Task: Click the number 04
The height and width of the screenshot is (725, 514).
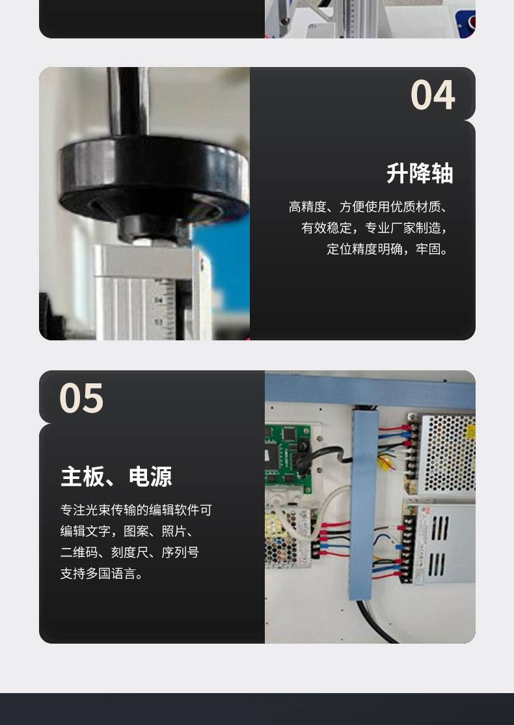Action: tap(433, 95)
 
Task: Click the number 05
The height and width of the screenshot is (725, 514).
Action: tap(81, 398)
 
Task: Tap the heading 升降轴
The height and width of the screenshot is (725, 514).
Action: tap(420, 173)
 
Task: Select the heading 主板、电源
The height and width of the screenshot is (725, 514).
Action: tap(116, 476)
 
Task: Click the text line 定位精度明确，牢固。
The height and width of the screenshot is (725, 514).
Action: tap(388, 249)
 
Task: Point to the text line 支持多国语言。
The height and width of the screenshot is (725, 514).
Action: tap(102, 573)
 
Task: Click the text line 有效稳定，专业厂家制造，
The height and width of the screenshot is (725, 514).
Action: tap(375, 228)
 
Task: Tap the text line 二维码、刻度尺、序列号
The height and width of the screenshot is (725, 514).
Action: tap(129, 552)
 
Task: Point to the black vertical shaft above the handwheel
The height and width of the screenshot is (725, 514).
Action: tap(128, 102)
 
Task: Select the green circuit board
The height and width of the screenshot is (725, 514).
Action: tap(288, 458)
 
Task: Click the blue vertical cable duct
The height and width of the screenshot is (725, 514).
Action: tap(364, 504)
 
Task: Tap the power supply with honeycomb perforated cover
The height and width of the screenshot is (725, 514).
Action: tap(444, 453)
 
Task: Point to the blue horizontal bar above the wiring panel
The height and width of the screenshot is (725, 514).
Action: tap(370, 390)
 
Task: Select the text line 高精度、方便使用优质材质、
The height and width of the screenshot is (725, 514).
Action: tap(369, 207)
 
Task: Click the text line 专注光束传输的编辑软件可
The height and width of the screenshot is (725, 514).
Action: tap(136, 510)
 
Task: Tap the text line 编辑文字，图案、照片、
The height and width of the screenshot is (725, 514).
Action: tap(128, 531)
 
